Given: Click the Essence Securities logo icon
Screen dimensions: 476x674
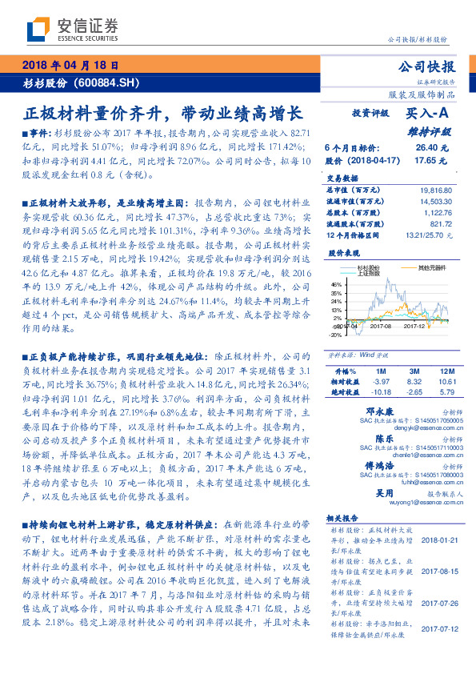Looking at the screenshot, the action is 38,29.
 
